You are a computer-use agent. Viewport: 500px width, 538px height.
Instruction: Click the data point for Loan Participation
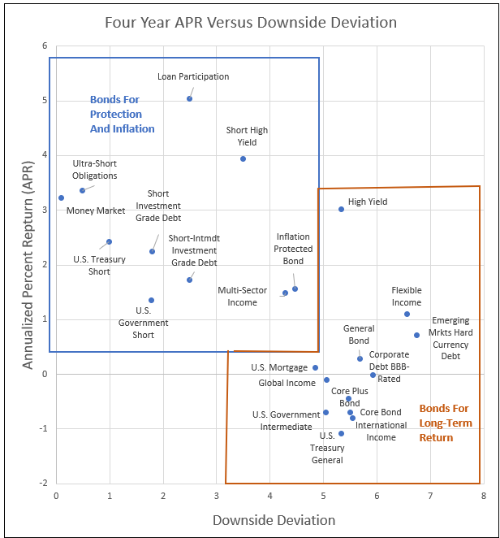pos(189,98)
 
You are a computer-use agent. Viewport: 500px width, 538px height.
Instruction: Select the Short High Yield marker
pos(243,158)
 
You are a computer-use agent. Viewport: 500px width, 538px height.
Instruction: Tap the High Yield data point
pos(341,209)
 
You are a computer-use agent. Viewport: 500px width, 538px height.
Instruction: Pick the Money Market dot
pos(61,197)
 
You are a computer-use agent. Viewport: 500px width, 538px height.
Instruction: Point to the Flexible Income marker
pos(407,314)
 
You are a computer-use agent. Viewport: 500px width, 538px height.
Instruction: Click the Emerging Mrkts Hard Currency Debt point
pos(416,335)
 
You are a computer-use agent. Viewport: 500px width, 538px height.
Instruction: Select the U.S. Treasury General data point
pos(341,433)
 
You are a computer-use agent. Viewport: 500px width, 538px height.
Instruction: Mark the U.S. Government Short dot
pos(151,300)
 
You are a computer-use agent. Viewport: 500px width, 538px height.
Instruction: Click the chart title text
pos(250,22)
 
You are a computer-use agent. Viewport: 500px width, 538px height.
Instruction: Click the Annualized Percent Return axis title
pos(28,264)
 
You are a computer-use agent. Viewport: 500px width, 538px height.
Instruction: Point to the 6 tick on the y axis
pos(44,46)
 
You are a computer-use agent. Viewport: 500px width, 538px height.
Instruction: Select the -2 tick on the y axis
pos(42,483)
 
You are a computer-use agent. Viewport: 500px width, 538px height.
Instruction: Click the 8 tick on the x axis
pos(483,494)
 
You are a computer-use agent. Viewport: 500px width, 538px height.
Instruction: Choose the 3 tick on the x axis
pos(216,494)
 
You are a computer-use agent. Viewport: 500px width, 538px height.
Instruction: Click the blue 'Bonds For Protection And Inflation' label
pos(122,115)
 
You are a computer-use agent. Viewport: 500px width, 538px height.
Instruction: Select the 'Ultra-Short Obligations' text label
pos(95,169)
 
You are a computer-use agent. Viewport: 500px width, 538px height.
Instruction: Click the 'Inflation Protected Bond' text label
pos(294,249)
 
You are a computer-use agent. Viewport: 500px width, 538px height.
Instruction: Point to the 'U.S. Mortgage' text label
pos(279,367)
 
